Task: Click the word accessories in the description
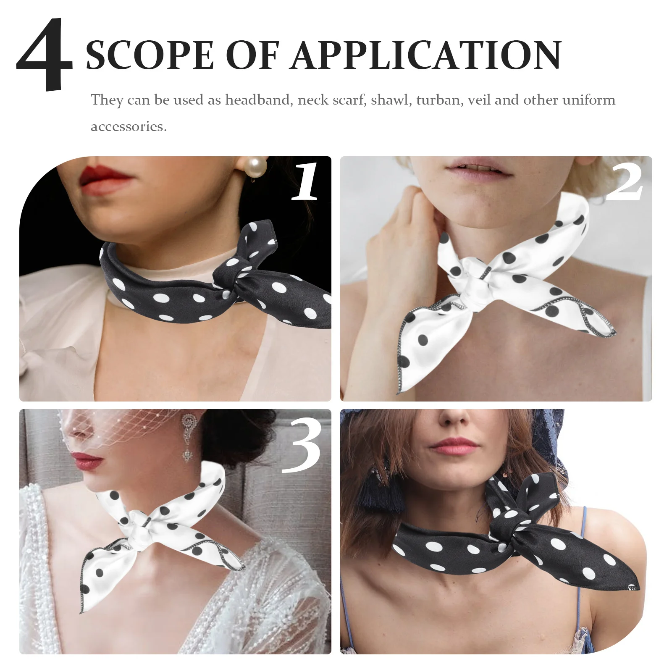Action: click(x=129, y=126)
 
